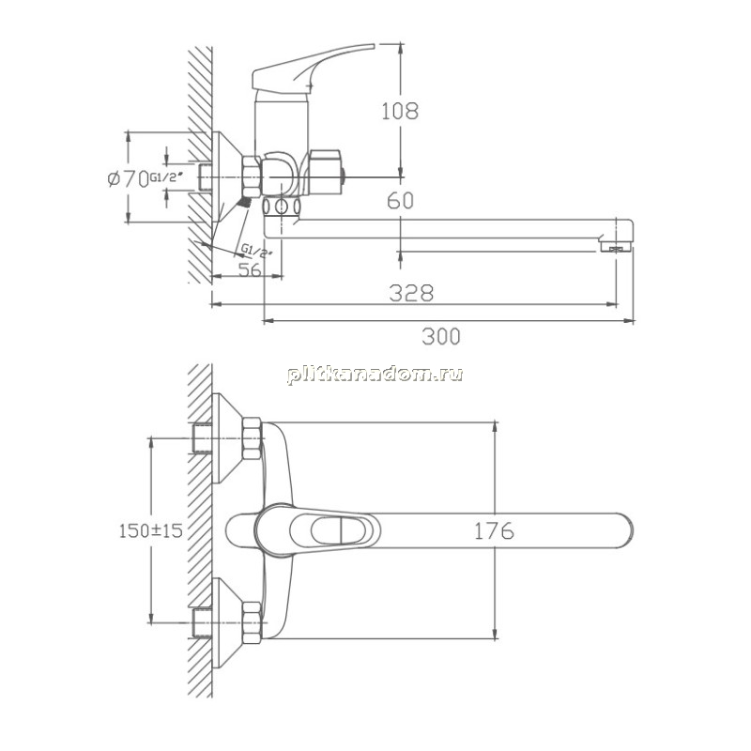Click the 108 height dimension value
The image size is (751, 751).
coord(400,111)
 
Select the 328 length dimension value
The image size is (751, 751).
coord(411,293)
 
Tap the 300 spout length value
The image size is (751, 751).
coord(441,336)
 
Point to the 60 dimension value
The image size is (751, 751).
coord(401,201)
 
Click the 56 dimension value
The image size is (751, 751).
coord(250,270)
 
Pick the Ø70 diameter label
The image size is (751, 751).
coord(128,179)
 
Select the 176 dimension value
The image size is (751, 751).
coord(495,530)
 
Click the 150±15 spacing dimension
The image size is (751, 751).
coord(151,530)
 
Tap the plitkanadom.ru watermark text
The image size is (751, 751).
coord(375,374)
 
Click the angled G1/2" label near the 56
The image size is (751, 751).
coord(256,250)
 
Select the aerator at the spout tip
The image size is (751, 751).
coord(616,247)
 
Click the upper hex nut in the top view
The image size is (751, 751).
coord(252,438)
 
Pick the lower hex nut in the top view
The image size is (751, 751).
coord(252,622)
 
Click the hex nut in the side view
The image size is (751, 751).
coord(252,176)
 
